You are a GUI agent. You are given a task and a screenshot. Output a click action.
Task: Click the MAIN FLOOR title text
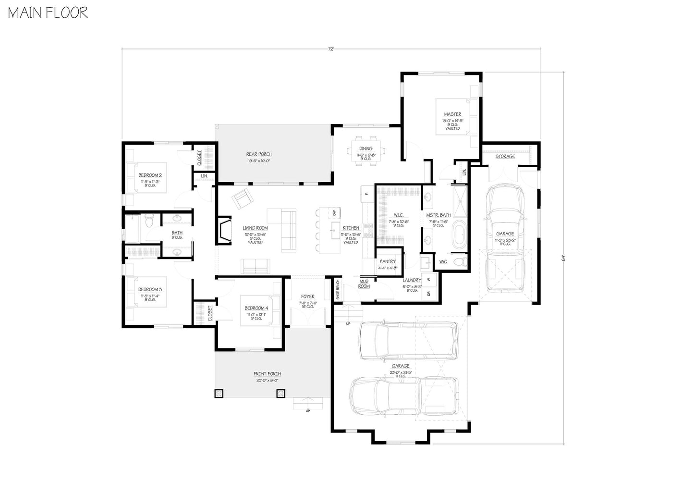point(48,13)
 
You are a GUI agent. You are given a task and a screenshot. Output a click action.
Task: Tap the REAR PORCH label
point(259,154)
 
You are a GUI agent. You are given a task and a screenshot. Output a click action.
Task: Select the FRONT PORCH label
point(267,374)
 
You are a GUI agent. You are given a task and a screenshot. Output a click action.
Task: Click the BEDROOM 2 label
point(150,175)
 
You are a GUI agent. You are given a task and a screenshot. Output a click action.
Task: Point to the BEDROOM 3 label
point(150,290)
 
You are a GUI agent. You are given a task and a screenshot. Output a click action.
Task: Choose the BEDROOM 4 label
point(256,308)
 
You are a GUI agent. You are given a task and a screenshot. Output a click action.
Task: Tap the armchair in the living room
point(241,198)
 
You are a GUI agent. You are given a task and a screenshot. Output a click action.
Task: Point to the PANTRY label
point(388,262)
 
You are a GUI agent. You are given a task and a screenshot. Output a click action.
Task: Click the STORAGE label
point(505,157)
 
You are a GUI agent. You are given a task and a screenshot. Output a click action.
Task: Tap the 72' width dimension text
point(331,49)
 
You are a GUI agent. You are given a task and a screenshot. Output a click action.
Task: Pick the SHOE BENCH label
point(338,290)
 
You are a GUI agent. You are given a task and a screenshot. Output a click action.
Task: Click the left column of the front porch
point(219,394)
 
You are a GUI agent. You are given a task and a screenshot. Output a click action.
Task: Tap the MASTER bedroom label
point(452,114)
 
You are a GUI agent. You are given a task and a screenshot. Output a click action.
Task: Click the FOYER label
point(307,297)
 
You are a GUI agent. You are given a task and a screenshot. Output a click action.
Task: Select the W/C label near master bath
point(442,262)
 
